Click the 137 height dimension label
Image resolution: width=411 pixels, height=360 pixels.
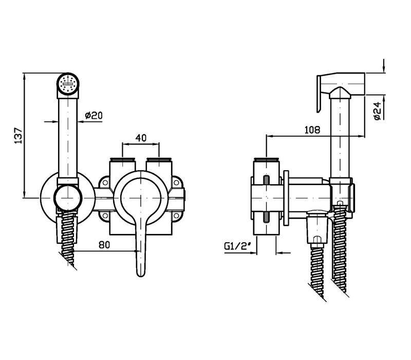[18, 136]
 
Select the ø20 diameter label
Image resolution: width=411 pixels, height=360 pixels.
[94, 115]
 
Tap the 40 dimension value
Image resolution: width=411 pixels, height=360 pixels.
[141, 137]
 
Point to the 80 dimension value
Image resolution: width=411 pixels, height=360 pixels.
[104, 245]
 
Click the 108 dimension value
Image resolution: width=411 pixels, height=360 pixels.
[312, 130]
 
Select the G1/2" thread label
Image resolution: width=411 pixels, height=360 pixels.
[237, 246]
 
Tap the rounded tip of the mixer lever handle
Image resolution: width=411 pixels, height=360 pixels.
[141, 273]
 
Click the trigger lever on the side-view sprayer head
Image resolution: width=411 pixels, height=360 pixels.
[319, 94]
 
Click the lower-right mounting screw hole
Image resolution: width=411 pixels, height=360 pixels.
[176, 215]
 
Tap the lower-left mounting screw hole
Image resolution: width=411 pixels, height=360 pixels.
[105, 215]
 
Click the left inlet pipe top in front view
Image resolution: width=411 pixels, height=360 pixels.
[123, 159]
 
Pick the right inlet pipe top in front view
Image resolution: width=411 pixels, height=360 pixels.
[159, 159]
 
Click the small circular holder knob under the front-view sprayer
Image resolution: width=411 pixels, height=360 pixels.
[68, 197]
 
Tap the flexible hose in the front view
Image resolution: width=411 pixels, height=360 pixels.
[68, 241]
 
